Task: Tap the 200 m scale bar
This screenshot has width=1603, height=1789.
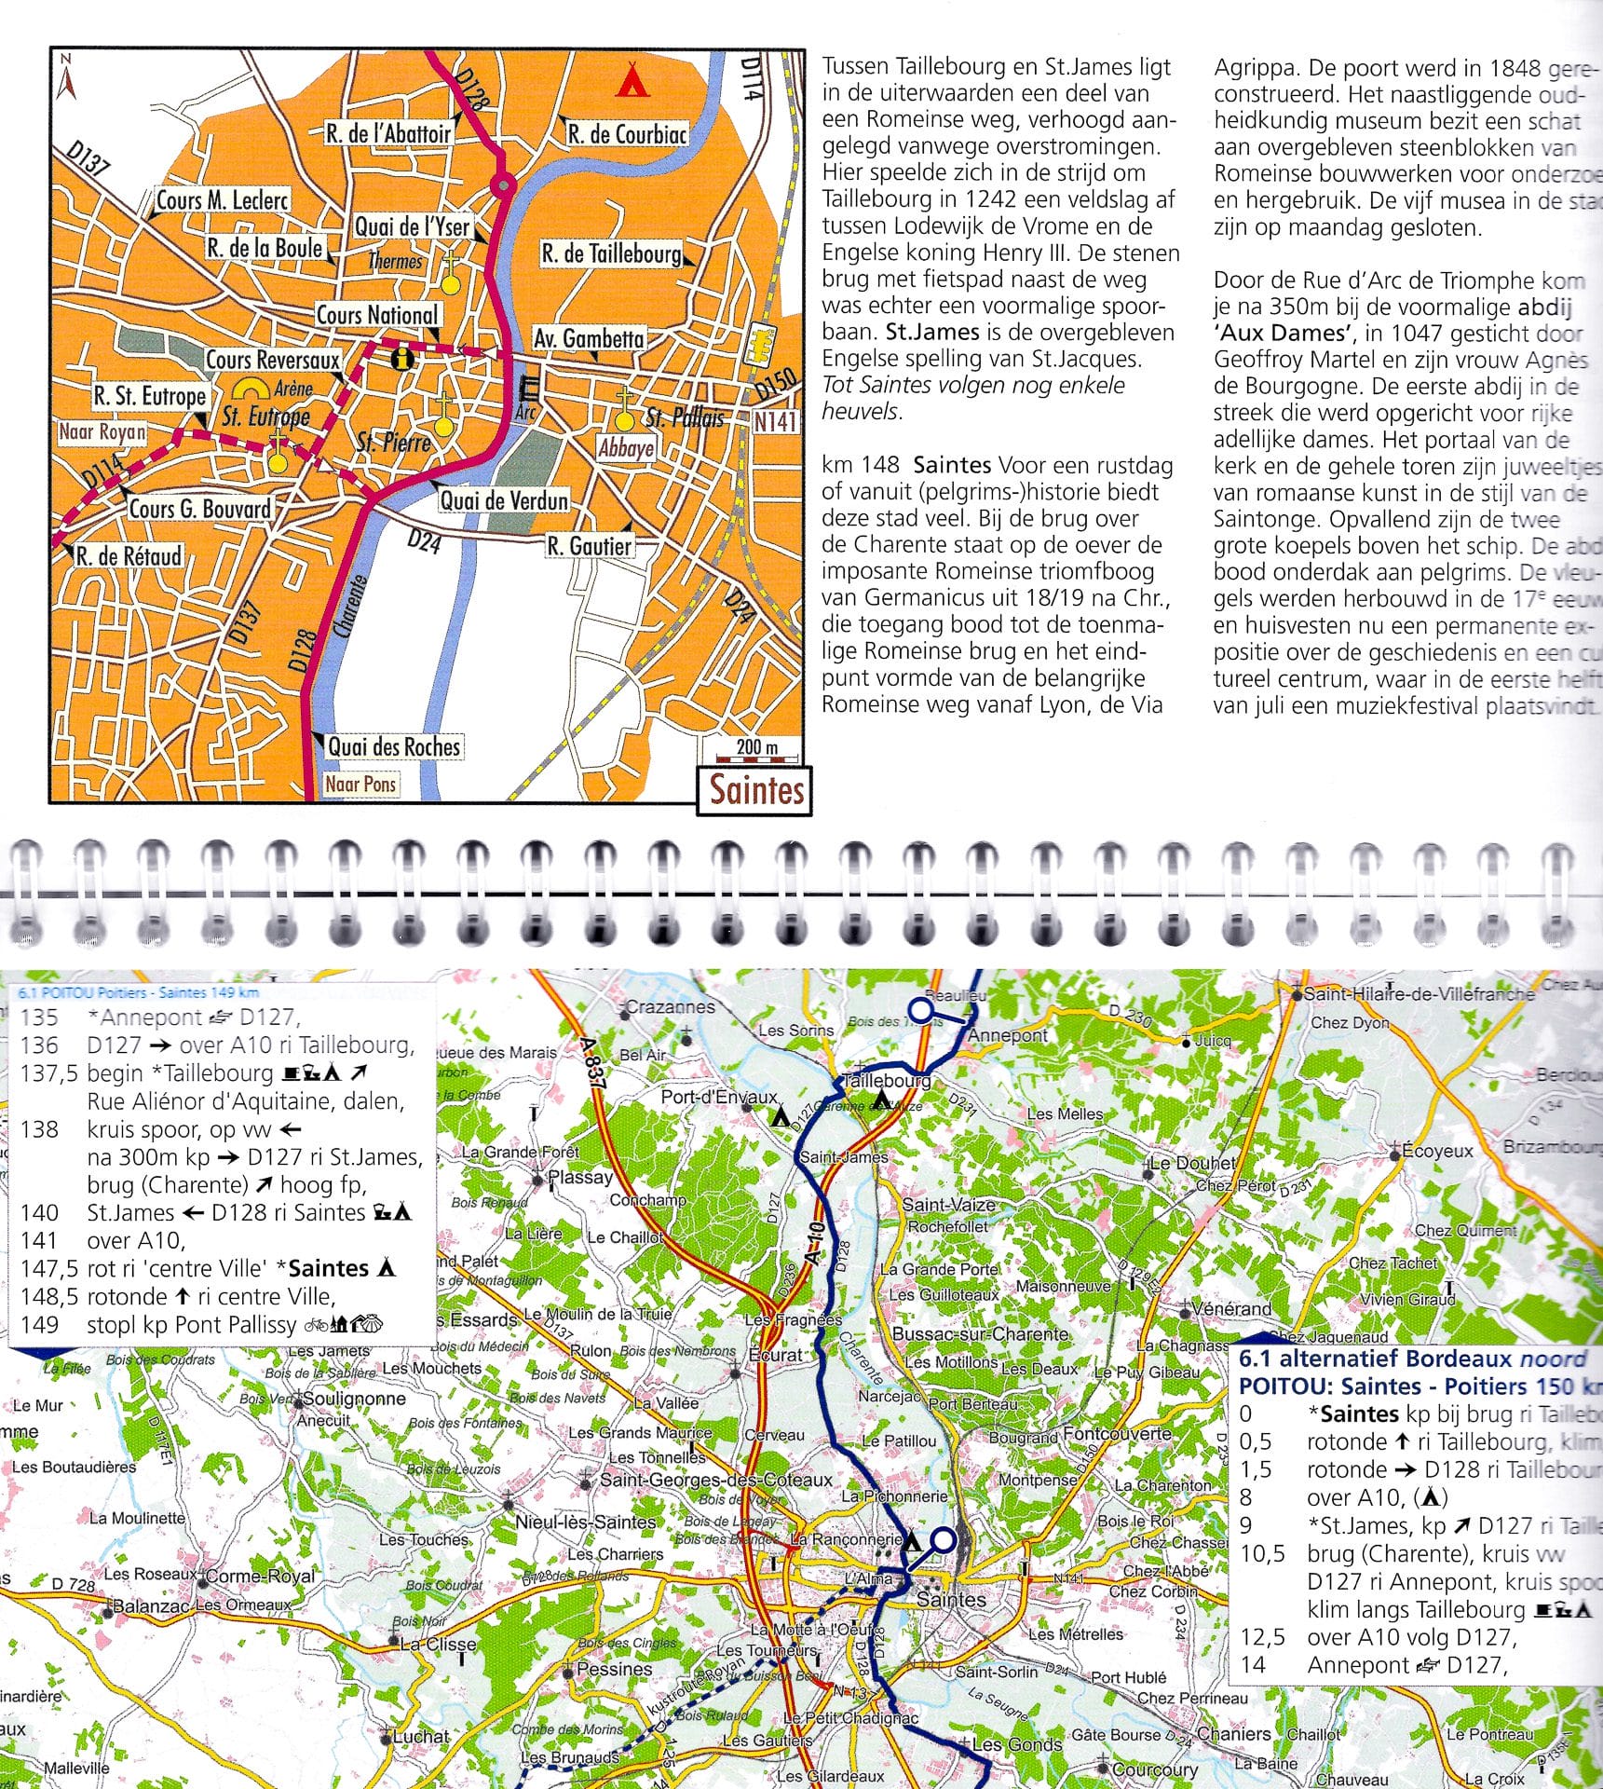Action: pyautogui.click(x=755, y=748)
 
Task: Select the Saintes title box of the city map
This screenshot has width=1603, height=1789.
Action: pyautogui.click(x=755, y=791)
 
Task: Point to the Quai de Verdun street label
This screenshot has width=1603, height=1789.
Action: pyautogui.click(x=503, y=500)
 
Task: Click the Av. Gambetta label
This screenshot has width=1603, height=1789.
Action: pyautogui.click(x=588, y=338)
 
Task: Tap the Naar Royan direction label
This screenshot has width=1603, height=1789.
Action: pyautogui.click(x=102, y=432)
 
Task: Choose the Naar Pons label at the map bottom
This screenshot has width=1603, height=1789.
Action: pyautogui.click(x=360, y=785)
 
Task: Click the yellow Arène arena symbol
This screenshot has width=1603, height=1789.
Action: pyautogui.click(x=251, y=389)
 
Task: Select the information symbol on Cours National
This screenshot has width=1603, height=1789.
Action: pyautogui.click(x=402, y=358)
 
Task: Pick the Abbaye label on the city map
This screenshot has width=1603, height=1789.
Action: pyautogui.click(x=626, y=448)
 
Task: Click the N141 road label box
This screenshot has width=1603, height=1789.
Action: pyautogui.click(x=775, y=422)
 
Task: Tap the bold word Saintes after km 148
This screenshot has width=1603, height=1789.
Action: pyautogui.click(x=951, y=465)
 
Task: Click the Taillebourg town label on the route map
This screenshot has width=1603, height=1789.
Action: pyautogui.click(x=886, y=1080)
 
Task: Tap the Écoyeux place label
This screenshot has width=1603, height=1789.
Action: pyautogui.click(x=1436, y=1151)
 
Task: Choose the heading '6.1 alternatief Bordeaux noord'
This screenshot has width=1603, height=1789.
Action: pyautogui.click(x=1411, y=1359)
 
